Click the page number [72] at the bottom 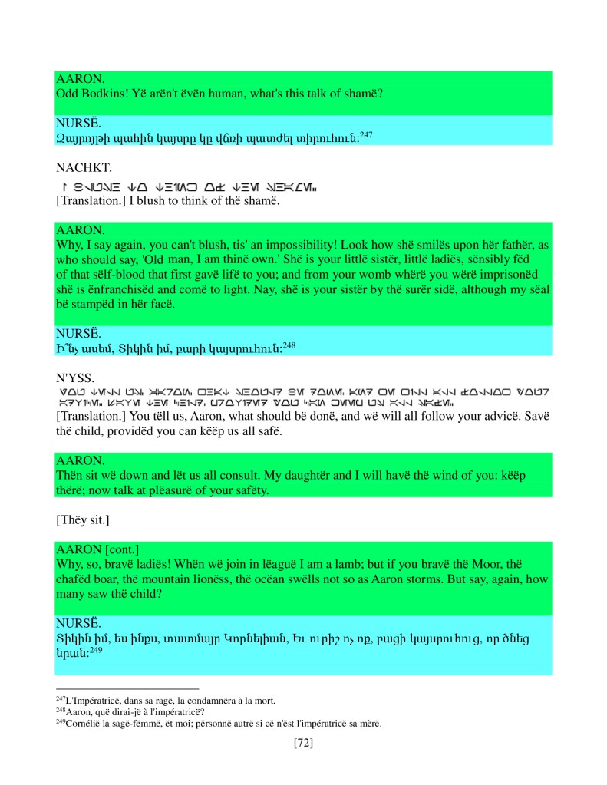pos(303,742)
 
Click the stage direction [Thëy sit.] pos(82,521)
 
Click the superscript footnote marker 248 pos(289,344)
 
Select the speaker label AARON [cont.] pos(96,549)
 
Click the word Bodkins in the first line pos(107,94)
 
